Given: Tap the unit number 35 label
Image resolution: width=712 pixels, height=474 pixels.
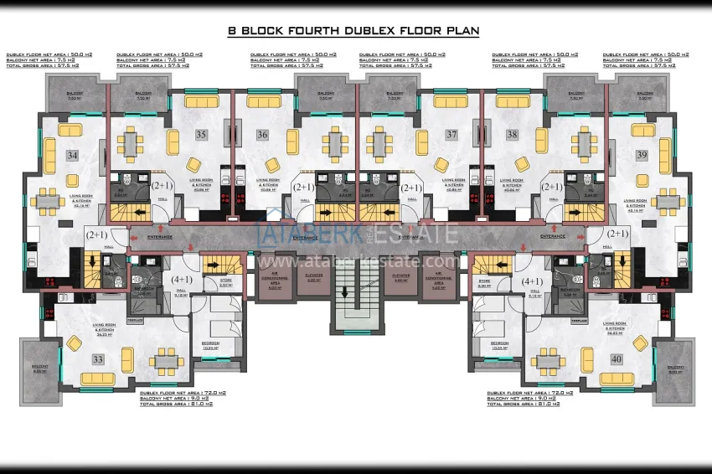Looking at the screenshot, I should (201, 134).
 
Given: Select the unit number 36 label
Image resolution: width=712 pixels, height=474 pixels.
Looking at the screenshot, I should (262, 134).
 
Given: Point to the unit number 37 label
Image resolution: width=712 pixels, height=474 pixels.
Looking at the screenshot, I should (451, 134).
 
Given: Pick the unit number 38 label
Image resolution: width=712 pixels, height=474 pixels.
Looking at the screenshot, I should (512, 134).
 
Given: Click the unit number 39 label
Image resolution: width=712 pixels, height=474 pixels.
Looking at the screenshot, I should (642, 155).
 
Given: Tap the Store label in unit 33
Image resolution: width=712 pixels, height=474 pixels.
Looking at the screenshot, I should (225, 281).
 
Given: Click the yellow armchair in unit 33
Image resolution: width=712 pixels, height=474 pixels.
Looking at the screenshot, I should (75, 343).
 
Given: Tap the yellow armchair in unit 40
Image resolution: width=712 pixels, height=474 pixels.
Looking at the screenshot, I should (639, 343).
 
